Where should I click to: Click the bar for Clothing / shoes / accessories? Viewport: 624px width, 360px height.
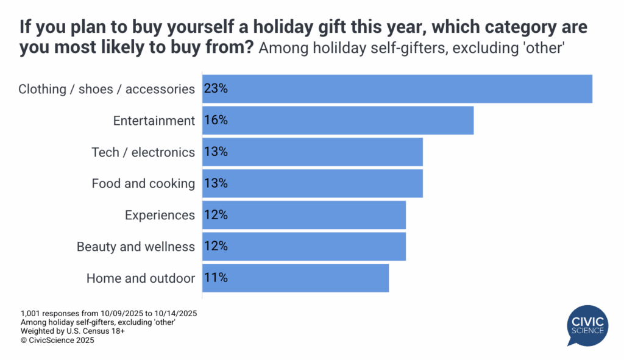coord(397,89)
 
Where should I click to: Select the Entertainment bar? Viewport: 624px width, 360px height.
coord(338,121)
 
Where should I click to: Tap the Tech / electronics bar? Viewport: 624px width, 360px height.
coord(312,152)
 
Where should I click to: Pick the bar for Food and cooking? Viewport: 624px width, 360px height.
coord(312,183)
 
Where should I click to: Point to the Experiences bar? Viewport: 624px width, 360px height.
coord(303,215)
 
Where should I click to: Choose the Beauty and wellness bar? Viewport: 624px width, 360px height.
coord(303,247)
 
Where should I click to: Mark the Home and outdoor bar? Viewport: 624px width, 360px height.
coord(295,278)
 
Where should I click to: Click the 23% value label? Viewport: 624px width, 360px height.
coord(216,89)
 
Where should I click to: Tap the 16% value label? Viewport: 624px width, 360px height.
coord(216,121)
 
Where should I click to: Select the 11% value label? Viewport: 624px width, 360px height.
coord(216,278)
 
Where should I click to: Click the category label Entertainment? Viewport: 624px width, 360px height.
coord(154,121)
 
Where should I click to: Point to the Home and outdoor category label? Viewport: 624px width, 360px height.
coord(141,278)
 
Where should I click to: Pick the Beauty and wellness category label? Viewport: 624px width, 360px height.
coord(136,247)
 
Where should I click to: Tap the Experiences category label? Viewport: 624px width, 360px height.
coord(160,215)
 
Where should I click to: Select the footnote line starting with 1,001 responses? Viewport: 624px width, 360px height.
coord(108,313)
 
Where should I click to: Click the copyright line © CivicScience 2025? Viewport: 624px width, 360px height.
coord(57,341)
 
